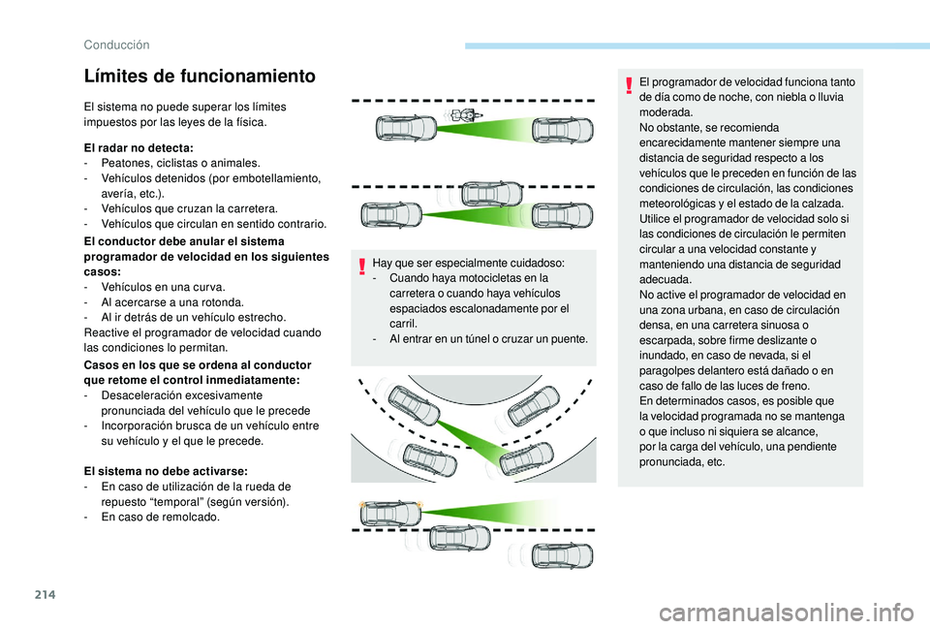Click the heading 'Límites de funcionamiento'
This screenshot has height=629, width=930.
(200, 76)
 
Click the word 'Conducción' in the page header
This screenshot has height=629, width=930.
(115, 44)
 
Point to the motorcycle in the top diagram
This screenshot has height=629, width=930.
(464, 114)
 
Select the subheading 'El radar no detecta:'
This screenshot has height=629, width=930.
(139, 147)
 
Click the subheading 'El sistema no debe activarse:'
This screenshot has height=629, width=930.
(166, 470)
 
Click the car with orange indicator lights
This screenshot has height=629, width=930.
(391, 513)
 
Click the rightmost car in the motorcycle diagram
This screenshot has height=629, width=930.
(562, 129)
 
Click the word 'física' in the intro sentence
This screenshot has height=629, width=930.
(247, 123)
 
